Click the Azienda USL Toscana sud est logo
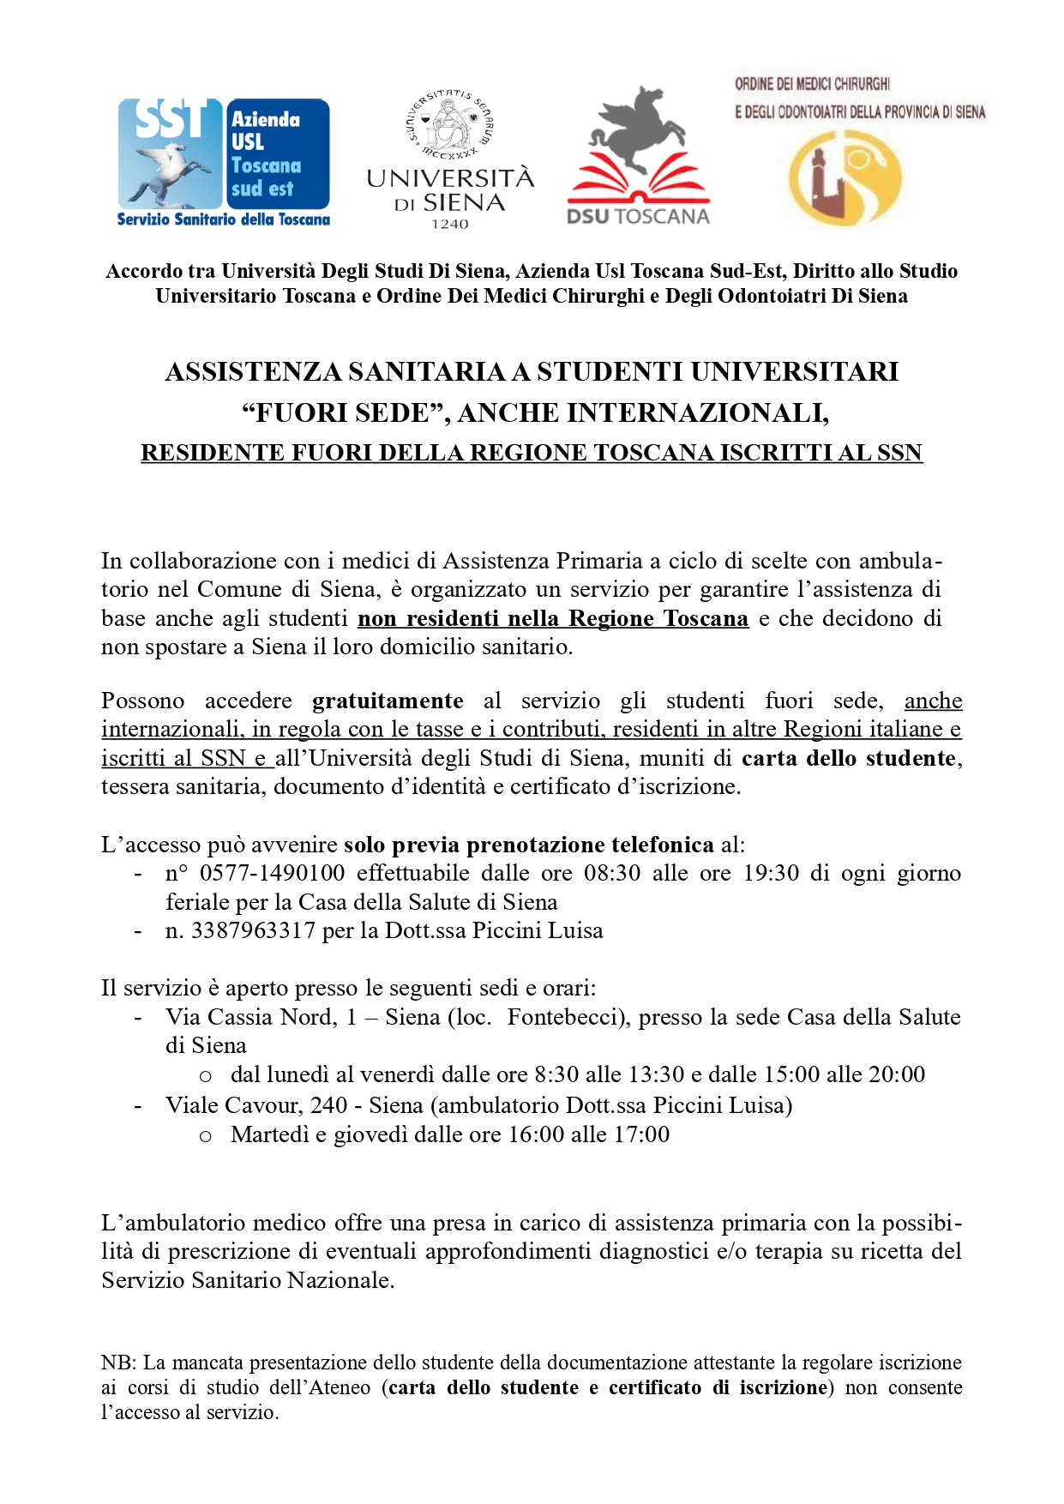click(224, 161)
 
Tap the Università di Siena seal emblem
click(449, 125)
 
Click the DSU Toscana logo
click(639, 156)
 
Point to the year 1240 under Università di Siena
click(449, 225)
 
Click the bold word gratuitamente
click(388, 701)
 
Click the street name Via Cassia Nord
click(249, 1018)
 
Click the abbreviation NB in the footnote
click(117, 1363)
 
